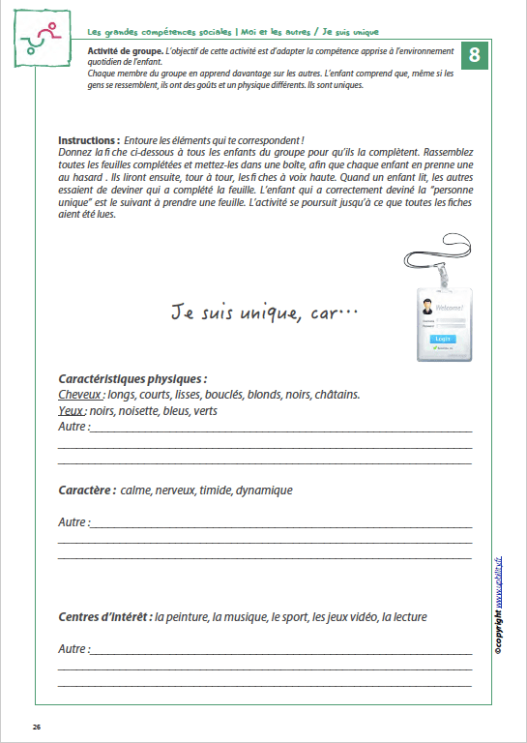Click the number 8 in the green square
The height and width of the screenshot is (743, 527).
click(474, 55)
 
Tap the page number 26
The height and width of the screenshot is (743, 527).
click(37, 727)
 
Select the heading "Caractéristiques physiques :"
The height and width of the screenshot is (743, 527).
click(132, 379)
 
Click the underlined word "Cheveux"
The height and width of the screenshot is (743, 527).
click(79, 395)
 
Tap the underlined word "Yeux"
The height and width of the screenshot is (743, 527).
click(71, 410)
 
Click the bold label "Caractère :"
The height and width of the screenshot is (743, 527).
click(87, 490)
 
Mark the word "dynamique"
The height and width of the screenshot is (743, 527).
click(264, 490)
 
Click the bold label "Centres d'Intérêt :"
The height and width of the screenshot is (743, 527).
click(104, 616)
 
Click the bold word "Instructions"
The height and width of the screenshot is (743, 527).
click(88, 140)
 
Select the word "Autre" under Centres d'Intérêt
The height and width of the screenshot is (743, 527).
click(73, 648)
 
